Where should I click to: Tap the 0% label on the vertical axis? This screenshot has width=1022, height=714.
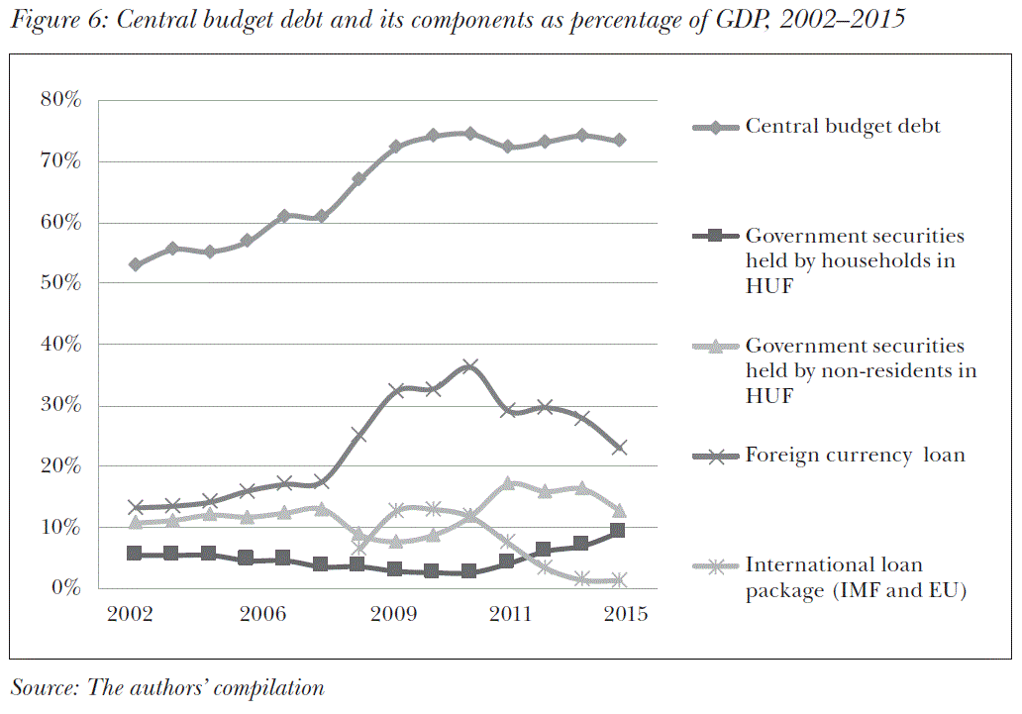pos(64,588)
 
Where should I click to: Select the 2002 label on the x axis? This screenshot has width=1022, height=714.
pos(131,614)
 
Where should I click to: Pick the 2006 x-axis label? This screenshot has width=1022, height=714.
pos(263,614)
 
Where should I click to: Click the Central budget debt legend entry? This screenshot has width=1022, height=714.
pos(843,127)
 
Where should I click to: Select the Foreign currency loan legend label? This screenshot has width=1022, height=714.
pos(855,456)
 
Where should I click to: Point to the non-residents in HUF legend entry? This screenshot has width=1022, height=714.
pos(861,369)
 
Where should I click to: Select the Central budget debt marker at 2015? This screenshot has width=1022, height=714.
pos(619,141)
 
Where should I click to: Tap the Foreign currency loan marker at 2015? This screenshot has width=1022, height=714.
pos(619,448)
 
